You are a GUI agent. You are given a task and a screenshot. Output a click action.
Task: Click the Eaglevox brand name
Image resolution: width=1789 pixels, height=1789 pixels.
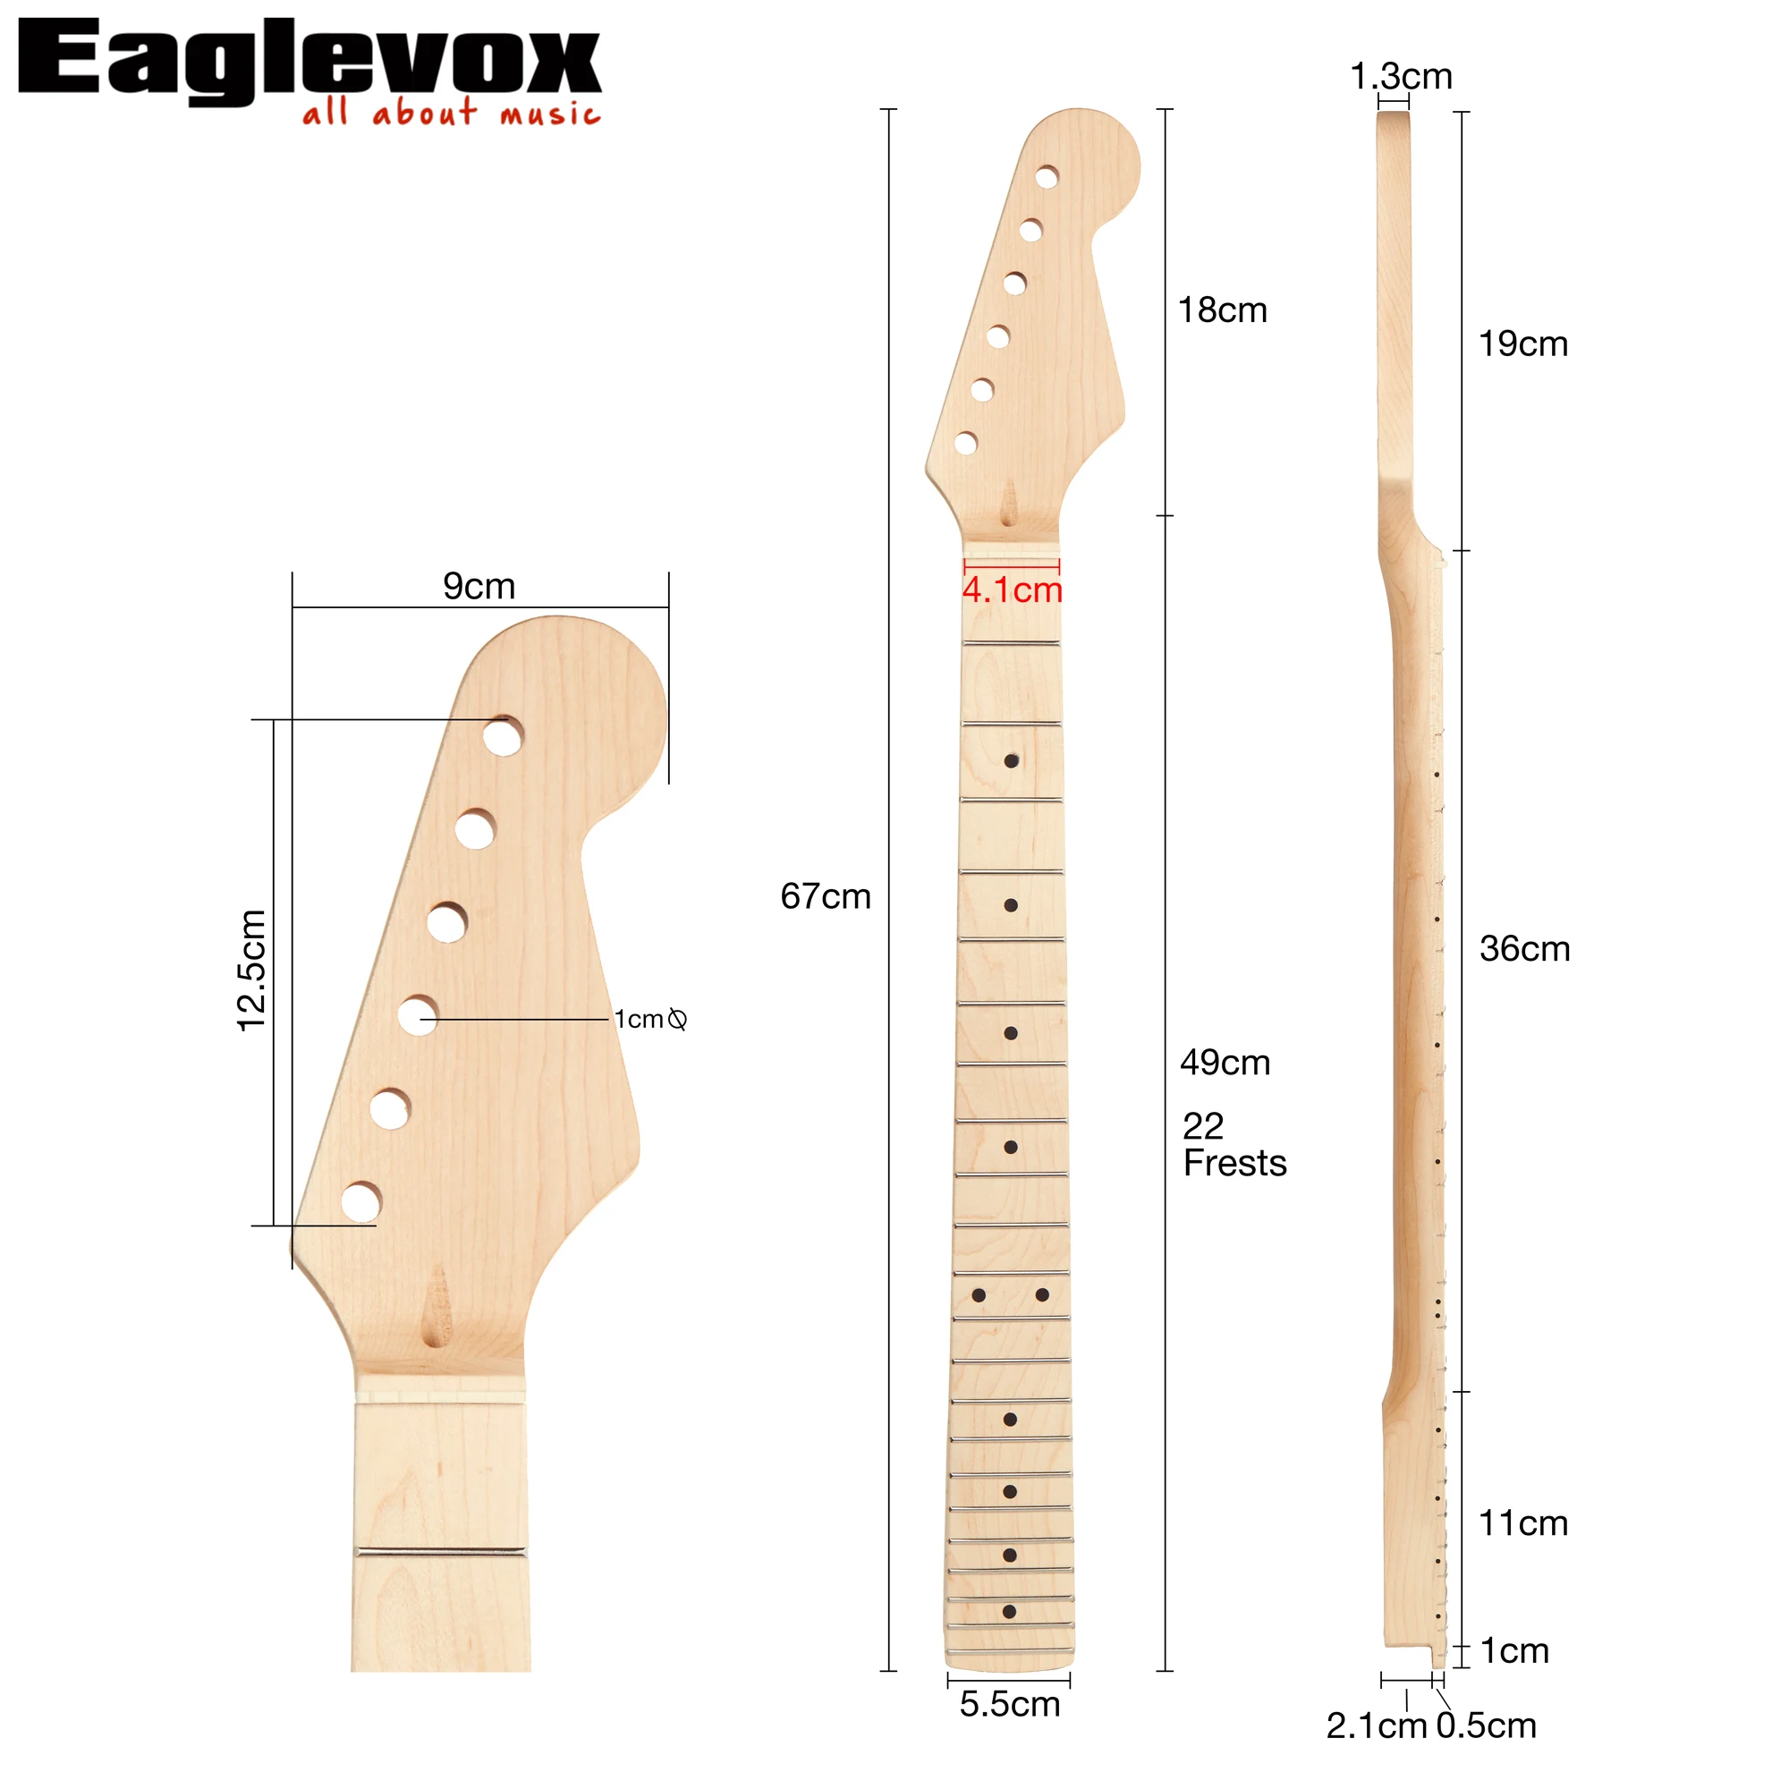pyautogui.click(x=309, y=57)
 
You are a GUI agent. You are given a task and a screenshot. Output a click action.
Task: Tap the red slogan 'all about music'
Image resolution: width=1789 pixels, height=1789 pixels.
pyautogui.click(x=452, y=113)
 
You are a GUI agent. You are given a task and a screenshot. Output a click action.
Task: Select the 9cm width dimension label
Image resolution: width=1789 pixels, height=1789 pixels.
pyautogui.click(x=479, y=586)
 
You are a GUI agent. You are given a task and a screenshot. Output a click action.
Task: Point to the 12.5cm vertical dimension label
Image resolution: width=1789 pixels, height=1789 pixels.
pyautogui.click(x=252, y=970)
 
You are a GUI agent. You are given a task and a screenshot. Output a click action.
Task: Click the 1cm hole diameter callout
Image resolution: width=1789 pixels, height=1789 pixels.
pyautogui.click(x=650, y=1020)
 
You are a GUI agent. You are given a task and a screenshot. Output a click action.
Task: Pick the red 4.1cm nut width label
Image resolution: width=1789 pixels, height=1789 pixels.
pyautogui.click(x=1012, y=589)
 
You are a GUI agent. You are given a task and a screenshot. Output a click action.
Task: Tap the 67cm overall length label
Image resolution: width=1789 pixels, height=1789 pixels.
pyautogui.click(x=826, y=896)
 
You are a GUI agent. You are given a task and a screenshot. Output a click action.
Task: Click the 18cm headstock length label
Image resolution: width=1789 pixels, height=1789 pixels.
pyautogui.click(x=1222, y=310)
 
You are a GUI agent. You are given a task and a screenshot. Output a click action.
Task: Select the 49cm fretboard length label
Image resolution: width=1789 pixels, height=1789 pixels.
pyautogui.click(x=1225, y=1062)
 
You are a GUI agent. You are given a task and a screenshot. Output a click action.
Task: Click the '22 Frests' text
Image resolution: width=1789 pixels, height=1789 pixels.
pyautogui.click(x=1234, y=1145)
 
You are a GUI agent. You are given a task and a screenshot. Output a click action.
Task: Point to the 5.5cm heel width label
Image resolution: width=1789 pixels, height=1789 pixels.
pyautogui.click(x=1009, y=1704)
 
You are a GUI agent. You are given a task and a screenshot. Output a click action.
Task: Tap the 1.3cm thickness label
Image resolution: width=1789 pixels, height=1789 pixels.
pyautogui.click(x=1401, y=76)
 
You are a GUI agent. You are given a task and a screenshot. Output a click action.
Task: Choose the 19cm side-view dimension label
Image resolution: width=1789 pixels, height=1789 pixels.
pyautogui.click(x=1523, y=343)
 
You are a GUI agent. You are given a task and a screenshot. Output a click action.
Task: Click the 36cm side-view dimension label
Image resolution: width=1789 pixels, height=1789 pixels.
pyautogui.click(x=1525, y=948)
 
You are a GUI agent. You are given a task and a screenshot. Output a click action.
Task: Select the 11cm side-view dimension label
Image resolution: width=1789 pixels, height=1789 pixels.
pyautogui.click(x=1523, y=1523)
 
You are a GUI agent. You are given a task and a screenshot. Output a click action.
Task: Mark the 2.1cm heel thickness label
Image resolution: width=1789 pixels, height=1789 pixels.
pyautogui.click(x=1376, y=1726)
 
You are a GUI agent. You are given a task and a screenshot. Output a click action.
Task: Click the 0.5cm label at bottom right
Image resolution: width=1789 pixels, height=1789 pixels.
pyautogui.click(x=1486, y=1726)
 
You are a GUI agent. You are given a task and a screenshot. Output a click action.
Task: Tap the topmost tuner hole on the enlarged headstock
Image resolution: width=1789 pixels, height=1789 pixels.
pyautogui.click(x=503, y=736)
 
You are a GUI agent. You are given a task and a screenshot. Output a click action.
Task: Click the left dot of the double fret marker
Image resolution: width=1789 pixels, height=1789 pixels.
pyautogui.click(x=979, y=1295)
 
